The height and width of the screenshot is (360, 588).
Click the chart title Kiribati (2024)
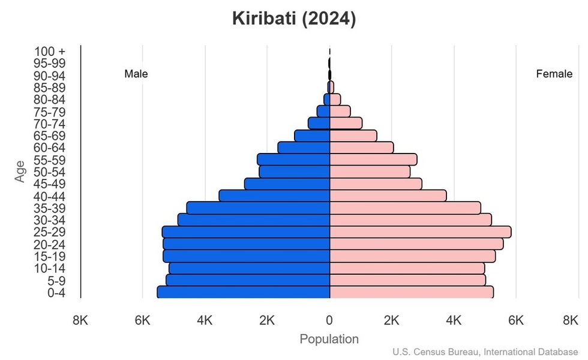[x=294, y=19]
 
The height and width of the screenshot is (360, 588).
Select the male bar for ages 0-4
[x=244, y=292]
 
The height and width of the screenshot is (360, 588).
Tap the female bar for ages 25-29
[x=420, y=232]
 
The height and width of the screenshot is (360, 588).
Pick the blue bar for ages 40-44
[x=274, y=196]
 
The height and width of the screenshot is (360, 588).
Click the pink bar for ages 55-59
[x=373, y=160]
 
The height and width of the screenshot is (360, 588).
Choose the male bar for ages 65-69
[x=312, y=136]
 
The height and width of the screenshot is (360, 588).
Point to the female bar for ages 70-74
[x=346, y=124]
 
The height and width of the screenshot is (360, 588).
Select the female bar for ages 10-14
[x=407, y=268]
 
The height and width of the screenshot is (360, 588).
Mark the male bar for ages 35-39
[x=258, y=208]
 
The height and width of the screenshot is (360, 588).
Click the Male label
[x=136, y=74]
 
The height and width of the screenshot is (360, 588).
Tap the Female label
[x=554, y=74]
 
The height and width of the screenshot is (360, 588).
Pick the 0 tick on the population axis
[x=329, y=320]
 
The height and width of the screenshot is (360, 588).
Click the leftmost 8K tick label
[x=80, y=320]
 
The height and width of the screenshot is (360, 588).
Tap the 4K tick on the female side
[x=454, y=320]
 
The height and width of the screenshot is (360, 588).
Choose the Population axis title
[x=329, y=339]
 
